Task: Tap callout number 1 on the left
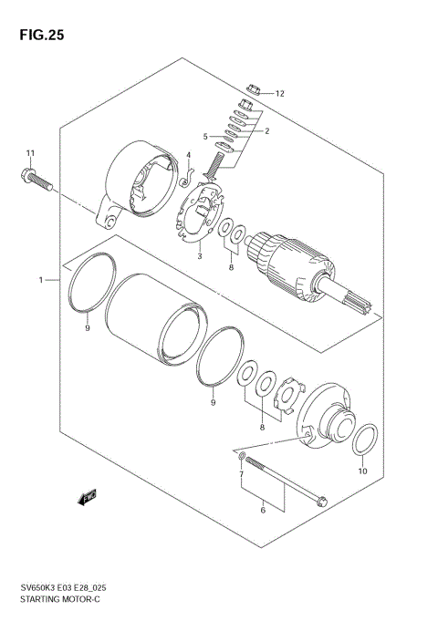click(41, 280)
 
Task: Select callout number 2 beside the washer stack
click(267, 131)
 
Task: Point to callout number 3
click(198, 257)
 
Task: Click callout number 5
click(205, 137)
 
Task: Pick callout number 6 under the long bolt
click(263, 511)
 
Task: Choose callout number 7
click(242, 475)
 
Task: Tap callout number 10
click(361, 472)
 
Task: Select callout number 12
click(280, 93)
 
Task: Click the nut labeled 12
click(256, 90)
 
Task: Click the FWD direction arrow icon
click(89, 497)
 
